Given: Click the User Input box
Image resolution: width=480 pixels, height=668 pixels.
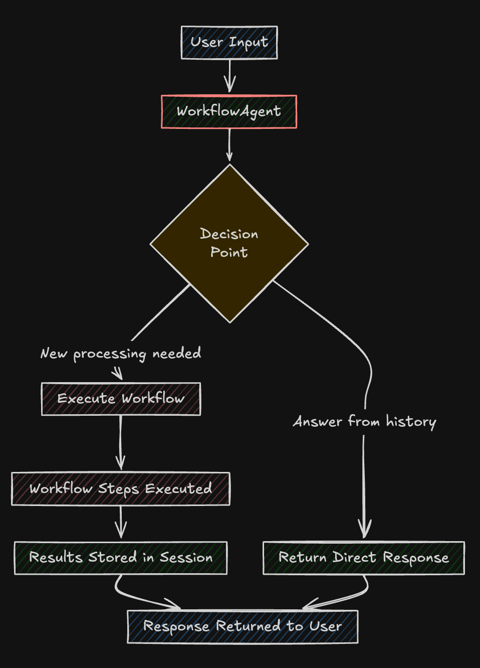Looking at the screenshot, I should pyautogui.click(x=229, y=43).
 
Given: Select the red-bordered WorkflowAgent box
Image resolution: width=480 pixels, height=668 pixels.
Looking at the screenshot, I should pyautogui.click(x=229, y=111).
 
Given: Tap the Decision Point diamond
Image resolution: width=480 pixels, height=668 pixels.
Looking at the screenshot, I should pyautogui.click(x=229, y=243).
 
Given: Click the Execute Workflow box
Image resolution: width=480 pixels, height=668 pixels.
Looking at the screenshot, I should pyautogui.click(x=121, y=399).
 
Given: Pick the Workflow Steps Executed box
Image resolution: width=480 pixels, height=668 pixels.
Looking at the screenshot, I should pyautogui.click(x=121, y=488).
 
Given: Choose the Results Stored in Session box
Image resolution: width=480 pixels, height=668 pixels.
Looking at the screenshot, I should pyautogui.click(x=121, y=558).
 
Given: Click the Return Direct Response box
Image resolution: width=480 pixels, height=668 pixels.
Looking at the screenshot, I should pyautogui.click(x=364, y=558).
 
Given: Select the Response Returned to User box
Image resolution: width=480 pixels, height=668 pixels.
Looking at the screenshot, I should pyautogui.click(x=243, y=626).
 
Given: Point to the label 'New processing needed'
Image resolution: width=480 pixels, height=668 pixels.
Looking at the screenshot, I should pyautogui.click(x=121, y=354).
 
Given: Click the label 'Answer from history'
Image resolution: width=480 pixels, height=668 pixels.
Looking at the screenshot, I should pyautogui.click(x=364, y=422).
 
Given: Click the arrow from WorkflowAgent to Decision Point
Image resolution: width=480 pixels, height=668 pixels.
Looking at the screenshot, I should pyautogui.click(x=229, y=145).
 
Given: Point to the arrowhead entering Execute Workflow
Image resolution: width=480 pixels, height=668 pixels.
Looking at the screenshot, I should pyautogui.click(x=117, y=374).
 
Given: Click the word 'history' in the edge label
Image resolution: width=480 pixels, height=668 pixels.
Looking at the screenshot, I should pyautogui.click(x=411, y=422).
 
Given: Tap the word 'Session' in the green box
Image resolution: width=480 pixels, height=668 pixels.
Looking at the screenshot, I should pyautogui.click(x=186, y=558).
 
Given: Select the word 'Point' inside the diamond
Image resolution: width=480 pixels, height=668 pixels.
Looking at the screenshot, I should pyautogui.click(x=229, y=252).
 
